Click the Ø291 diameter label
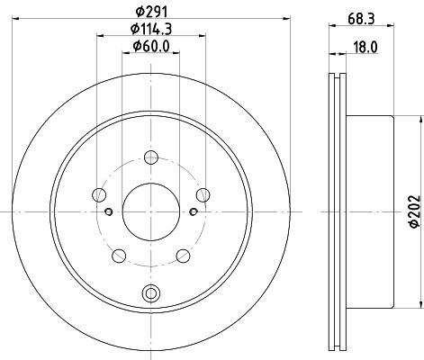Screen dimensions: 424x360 tap(151, 12)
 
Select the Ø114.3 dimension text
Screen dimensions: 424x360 tap(151, 29)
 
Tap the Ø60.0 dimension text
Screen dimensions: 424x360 tap(151, 46)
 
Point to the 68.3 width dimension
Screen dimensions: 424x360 tap(361, 19)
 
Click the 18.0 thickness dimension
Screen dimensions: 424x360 tap(365, 48)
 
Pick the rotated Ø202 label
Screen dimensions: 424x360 tap(415, 211)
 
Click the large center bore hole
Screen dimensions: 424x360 tap(151, 211)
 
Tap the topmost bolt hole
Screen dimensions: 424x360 tap(151, 157)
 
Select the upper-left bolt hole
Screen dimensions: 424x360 tap(99, 195)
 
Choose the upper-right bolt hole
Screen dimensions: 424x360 tap(203, 195)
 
